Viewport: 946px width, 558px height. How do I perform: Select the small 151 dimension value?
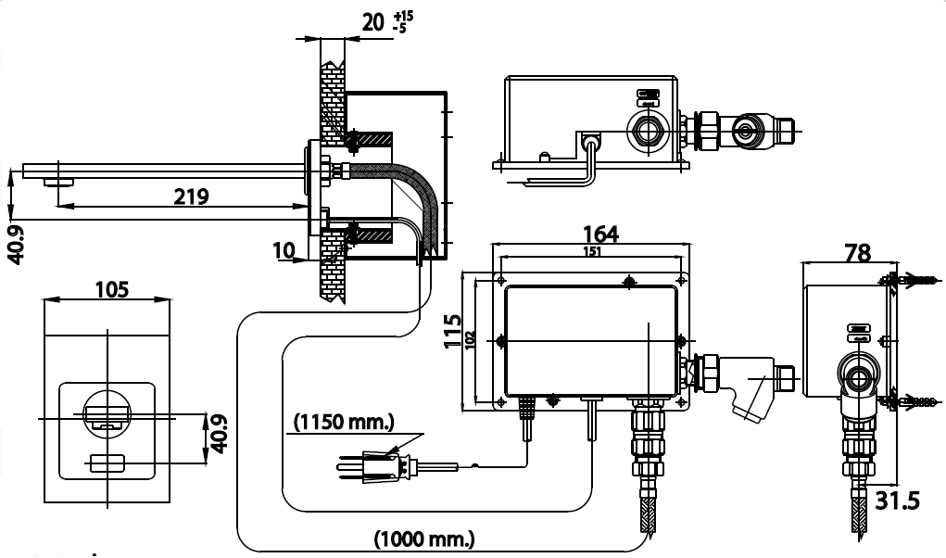(x=593, y=251)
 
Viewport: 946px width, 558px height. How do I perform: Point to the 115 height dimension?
(x=453, y=330)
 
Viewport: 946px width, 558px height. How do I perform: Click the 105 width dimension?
(x=111, y=289)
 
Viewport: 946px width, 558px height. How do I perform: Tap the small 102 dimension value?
(x=471, y=340)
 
